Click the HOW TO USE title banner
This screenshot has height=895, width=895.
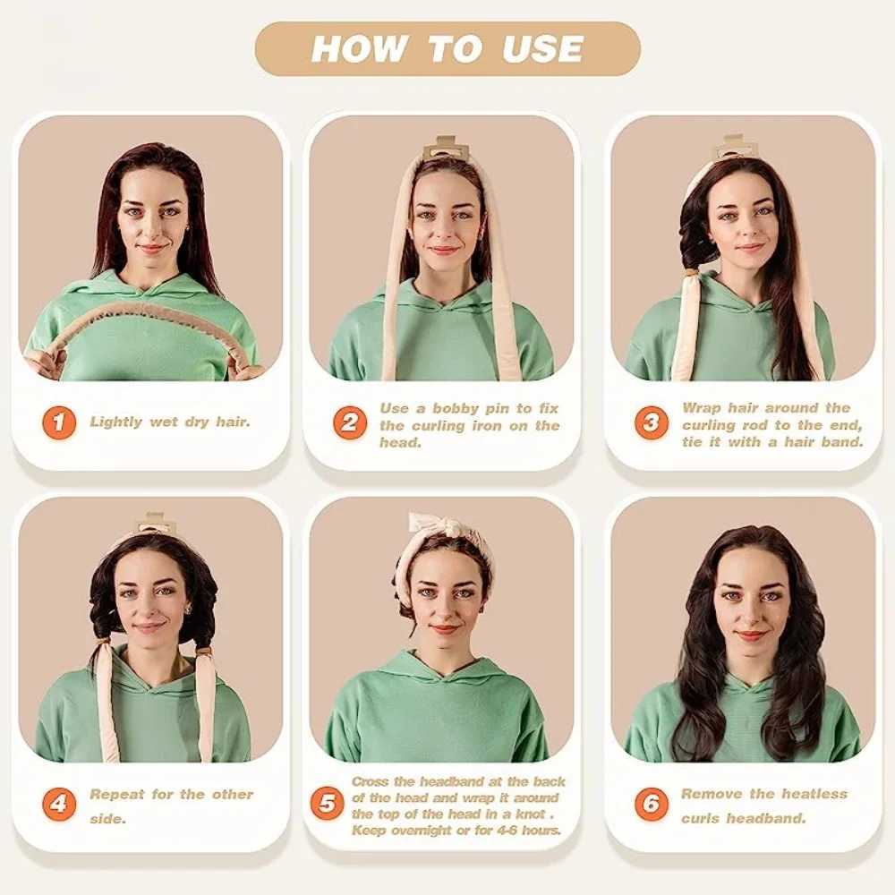click(x=447, y=48)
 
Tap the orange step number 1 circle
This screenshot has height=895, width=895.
click(x=58, y=422)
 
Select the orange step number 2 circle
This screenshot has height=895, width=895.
click(x=350, y=422)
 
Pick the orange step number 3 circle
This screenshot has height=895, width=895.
click(x=651, y=422)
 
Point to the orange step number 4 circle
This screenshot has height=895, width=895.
click(x=58, y=804)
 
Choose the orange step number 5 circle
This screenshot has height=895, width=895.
click(x=327, y=804)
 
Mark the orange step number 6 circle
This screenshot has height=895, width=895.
click(x=651, y=804)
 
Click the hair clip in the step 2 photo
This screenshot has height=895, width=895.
click(x=445, y=148)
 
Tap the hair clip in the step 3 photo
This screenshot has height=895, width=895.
click(x=734, y=147)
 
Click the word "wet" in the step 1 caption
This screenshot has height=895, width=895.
click(x=163, y=422)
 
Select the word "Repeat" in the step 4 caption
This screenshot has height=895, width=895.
click(x=117, y=794)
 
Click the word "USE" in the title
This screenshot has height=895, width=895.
click(x=541, y=49)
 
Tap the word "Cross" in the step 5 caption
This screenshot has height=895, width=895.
click(x=371, y=781)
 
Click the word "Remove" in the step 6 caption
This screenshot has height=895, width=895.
click(x=712, y=794)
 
